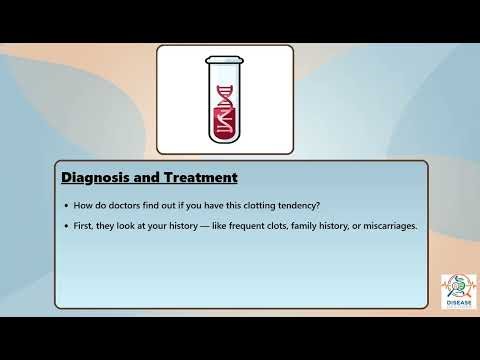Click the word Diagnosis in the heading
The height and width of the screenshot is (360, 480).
[97, 178]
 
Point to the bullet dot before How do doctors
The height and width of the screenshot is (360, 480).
[66, 206]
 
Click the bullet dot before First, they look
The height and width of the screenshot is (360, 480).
[66, 226]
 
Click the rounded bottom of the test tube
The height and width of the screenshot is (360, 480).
[225, 140]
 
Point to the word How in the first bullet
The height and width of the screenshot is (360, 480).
[84, 206]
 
